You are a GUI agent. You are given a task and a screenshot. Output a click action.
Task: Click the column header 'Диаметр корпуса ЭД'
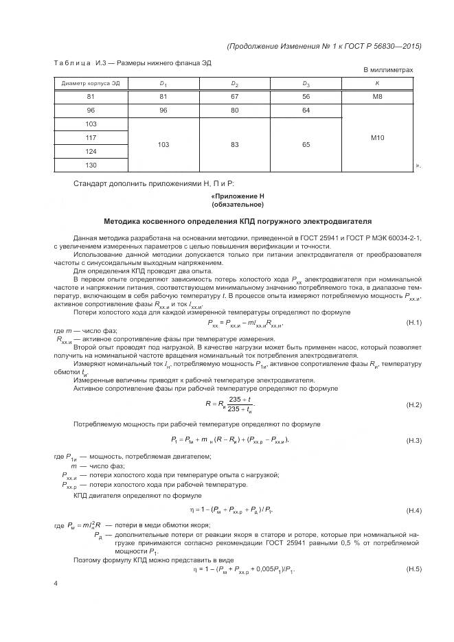91,83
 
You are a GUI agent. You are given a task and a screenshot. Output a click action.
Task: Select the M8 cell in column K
377,97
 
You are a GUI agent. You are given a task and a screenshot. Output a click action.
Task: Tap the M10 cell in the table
377,138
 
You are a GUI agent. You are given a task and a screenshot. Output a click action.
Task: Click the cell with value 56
306,97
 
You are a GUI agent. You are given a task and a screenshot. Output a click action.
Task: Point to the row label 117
91,137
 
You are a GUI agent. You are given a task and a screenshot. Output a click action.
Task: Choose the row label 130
91,165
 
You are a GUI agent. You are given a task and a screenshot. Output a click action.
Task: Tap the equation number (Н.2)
413,404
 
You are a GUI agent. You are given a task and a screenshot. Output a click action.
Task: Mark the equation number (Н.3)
413,439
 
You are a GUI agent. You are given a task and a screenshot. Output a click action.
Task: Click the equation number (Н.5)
413,570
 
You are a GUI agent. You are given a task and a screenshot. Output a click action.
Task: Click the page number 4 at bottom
56,584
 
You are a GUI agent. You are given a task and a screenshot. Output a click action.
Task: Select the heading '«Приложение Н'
237,196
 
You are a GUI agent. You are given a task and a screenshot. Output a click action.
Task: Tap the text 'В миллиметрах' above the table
388,70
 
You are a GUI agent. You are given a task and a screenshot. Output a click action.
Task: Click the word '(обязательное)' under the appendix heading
237,204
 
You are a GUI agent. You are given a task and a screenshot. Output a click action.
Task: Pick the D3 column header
306,83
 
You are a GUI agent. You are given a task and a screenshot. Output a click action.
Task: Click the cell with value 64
306,110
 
